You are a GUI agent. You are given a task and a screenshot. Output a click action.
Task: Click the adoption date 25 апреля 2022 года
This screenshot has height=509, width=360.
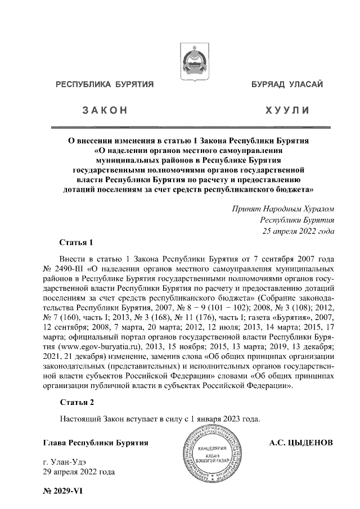[296, 231]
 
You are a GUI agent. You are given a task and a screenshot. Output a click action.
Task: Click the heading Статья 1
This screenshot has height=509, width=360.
[76, 243]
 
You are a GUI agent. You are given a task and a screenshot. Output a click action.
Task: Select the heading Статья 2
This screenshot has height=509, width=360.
[76, 402]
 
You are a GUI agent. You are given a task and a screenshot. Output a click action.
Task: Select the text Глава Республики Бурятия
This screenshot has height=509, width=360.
[96, 443]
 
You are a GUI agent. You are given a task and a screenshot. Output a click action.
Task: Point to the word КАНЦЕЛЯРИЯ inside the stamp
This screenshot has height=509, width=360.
[213, 448]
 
